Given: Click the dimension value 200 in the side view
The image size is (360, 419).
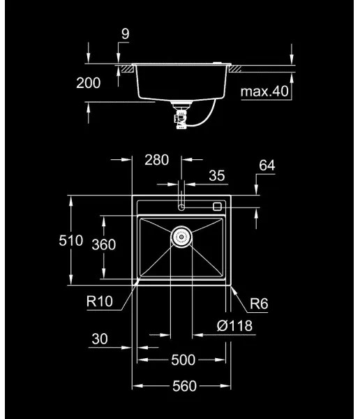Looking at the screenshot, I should click(88, 83).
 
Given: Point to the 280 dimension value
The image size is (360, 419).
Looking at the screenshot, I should click(156, 160).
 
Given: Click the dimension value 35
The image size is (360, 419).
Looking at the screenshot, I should click(216, 177).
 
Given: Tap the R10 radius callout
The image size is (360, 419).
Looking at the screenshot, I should click(100, 302).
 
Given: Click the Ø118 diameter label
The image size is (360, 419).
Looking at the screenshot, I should click(234, 325).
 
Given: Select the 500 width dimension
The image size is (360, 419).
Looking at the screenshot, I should click(182, 360).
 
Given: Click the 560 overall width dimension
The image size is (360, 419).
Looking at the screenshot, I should click(182, 386).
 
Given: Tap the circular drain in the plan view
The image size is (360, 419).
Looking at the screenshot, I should click(181, 237).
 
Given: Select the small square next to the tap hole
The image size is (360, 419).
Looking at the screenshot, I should click(217, 206).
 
